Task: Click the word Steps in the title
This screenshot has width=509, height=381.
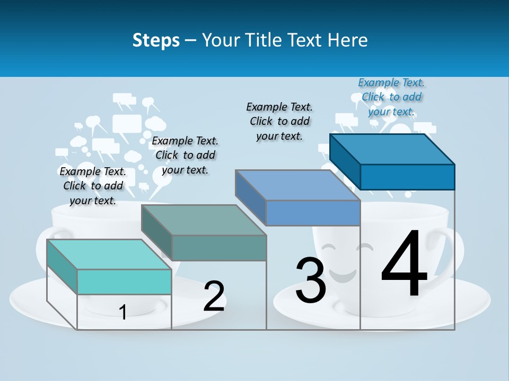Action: pyautogui.click(x=156, y=40)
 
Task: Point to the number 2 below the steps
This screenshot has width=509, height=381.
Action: pyautogui.click(x=214, y=296)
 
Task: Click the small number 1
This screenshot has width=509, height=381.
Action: pyautogui.click(x=123, y=312)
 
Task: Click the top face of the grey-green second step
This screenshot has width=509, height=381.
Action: pyautogui.click(x=204, y=220)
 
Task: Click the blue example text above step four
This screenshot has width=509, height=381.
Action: pyautogui.click(x=391, y=97)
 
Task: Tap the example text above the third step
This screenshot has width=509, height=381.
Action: pyautogui.click(x=279, y=121)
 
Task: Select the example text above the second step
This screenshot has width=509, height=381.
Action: pyautogui.click(x=185, y=155)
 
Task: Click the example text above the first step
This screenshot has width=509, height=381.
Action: pyautogui.click(x=93, y=186)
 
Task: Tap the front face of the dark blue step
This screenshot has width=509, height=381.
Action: pyautogui.click(x=407, y=177)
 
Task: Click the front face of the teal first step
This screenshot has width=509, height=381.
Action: pyautogui.click(x=124, y=282)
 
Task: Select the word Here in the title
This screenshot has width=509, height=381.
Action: pyautogui.click(x=348, y=40)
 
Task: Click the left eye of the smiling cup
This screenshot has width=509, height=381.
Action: pyautogui.click(x=329, y=247)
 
